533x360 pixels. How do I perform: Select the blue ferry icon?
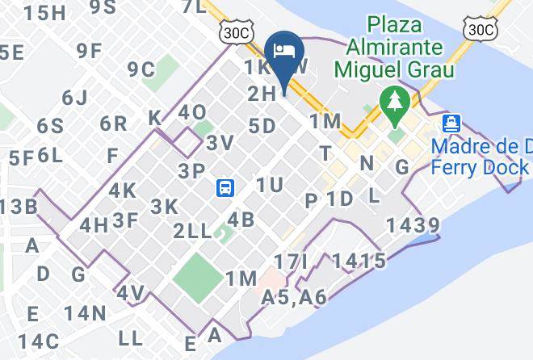tap(451, 123)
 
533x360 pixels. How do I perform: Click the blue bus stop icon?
tap(225, 188)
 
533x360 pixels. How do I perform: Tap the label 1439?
tap(413, 226)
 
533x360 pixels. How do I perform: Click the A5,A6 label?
tap(294, 298)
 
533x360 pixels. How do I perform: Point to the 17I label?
tap(291, 262)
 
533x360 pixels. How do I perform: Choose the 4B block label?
tap(241, 220)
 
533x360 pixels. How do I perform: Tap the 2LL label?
tap(192, 232)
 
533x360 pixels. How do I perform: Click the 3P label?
tap(192, 170)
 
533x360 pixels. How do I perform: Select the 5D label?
tap(262, 126)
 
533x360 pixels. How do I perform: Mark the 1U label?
tap(269, 186)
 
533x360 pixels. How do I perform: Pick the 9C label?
tap(141, 69)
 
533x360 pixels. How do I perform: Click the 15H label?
tap(44, 12)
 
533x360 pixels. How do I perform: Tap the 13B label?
tap(18, 207)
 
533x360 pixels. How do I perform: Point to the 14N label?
tap(86, 313)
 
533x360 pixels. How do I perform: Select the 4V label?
tap(131, 293)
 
